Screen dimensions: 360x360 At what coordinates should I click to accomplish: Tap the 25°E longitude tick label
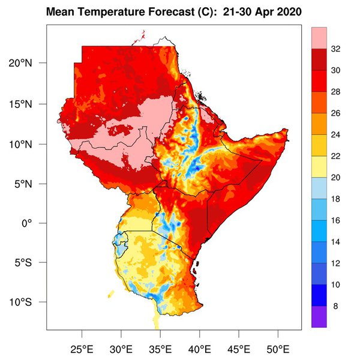tap(82, 348)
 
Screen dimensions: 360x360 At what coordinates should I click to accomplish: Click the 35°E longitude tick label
tap(160, 348)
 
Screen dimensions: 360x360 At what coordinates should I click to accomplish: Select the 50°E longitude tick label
tap(278, 348)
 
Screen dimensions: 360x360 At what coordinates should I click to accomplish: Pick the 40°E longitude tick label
tap(200, 348)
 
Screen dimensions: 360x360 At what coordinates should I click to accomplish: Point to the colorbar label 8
tap(334, 306)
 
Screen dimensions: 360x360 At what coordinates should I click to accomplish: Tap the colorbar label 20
tap(336, 178)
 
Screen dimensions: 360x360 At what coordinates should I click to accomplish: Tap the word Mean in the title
tap(60, 12)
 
